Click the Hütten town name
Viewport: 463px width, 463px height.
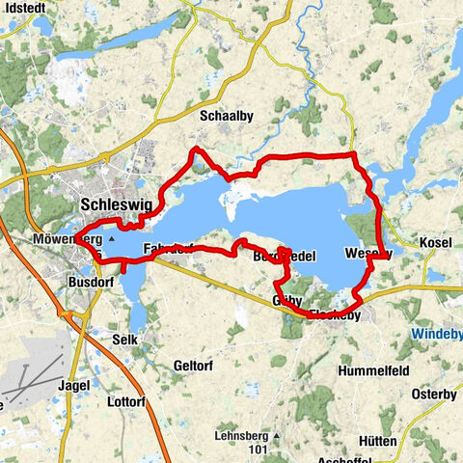point(380,415)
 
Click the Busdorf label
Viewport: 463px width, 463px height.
point(92,282)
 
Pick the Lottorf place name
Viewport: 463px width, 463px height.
point(125,401)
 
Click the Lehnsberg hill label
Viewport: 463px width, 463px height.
point(239,409)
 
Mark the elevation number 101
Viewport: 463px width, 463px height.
point(256,422)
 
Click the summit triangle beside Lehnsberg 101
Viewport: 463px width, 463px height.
point(277,409)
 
